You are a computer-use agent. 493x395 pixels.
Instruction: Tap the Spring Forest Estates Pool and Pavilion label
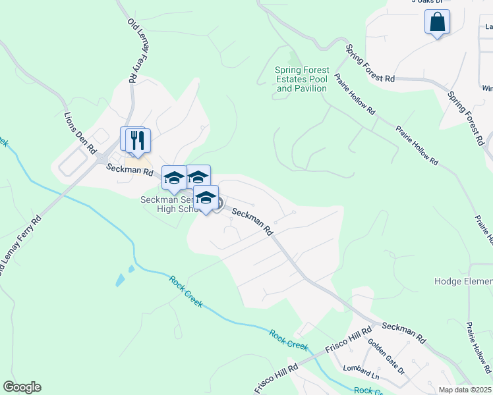(x=302, y=79)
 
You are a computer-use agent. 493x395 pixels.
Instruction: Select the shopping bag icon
(x=437, y=22)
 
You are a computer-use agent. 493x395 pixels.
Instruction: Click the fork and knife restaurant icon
(x=138, y=141)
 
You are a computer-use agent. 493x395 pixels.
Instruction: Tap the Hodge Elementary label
(x=463, y=281)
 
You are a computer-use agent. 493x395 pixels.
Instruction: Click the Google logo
(x=22, y=387)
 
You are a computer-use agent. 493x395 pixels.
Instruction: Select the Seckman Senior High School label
(x=169, y=205)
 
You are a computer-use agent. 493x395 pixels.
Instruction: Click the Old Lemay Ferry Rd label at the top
(x=136, y=50)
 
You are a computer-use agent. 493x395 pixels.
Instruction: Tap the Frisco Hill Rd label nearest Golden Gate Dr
(x=344, y=342)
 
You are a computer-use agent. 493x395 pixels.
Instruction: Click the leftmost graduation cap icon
(x=174, y=178)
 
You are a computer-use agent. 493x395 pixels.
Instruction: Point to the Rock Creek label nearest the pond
(x=186, y=291)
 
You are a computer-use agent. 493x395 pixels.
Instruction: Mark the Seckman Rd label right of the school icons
(x=252, y=222)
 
